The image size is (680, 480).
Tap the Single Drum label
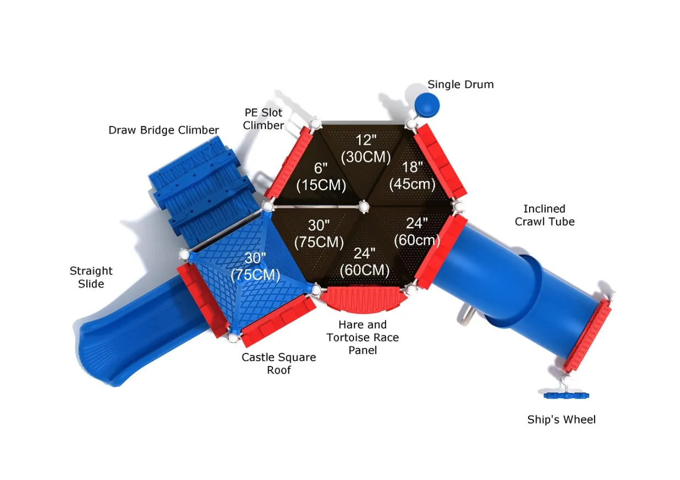[x=460, y=84]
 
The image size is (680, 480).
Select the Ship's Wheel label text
[x=561, y=419]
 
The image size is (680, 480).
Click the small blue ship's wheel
[x=566, y=395]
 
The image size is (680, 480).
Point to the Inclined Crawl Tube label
[x=545, y=215]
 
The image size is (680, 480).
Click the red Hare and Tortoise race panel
[x=364, y=299]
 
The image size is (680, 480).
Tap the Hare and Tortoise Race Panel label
[x=362, y=337]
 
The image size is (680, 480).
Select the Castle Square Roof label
[x=279, y=363]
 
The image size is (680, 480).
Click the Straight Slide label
[x=91, y=277]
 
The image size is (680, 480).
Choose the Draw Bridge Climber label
[x=164, y=130]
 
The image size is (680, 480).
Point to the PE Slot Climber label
[x=263, y=119]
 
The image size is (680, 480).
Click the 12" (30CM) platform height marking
[x=366, y=149]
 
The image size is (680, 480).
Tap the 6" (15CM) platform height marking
[x=321, y=177]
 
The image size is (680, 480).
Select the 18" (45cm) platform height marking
[x=412, y=176]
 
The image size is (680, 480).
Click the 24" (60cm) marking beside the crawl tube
[x=417, y=232]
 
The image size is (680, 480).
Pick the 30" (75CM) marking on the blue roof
[x=255, y=266]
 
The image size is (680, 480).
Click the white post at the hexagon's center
[x=363, y=207]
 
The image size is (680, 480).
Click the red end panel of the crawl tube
[x=587, y=336]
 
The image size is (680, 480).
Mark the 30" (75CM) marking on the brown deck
[x=319, y=234]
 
